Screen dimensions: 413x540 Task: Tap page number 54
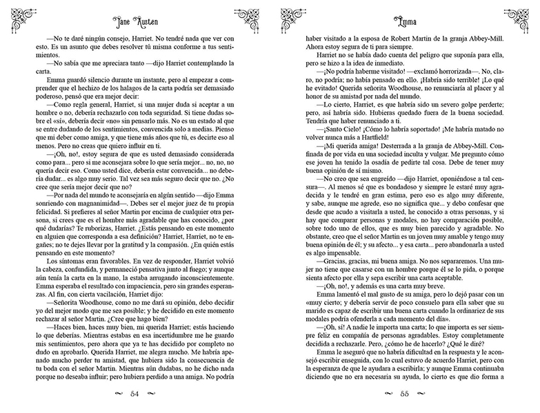pyautogui.click(x=135, y=394)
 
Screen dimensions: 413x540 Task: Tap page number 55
pyautogui.click(x=406, y=394)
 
